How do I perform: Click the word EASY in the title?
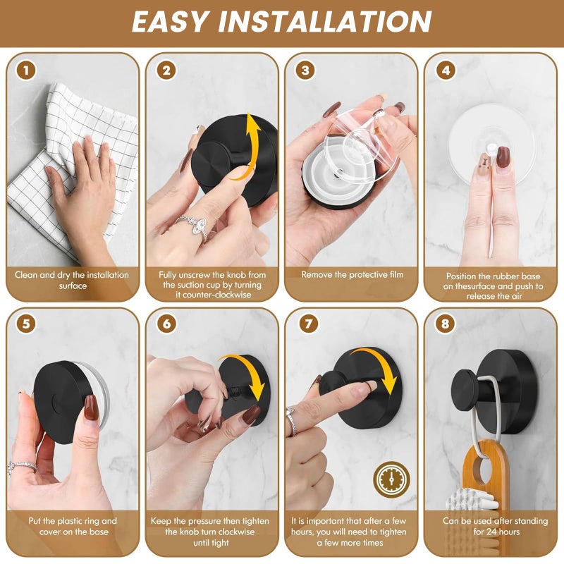tap(171, 22)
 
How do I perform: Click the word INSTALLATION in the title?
tap(325, 22)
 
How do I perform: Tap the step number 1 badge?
tap(26, 70)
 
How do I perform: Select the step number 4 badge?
tap(446, 70)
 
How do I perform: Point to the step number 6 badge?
tap(166, 324)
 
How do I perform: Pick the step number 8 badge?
tap(445, 324)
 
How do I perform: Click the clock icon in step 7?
tap(391, 479)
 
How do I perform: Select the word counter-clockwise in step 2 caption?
tap(214, 295)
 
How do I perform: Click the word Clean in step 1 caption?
tap(26, 275)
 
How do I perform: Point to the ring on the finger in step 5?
tap(22, 467)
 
